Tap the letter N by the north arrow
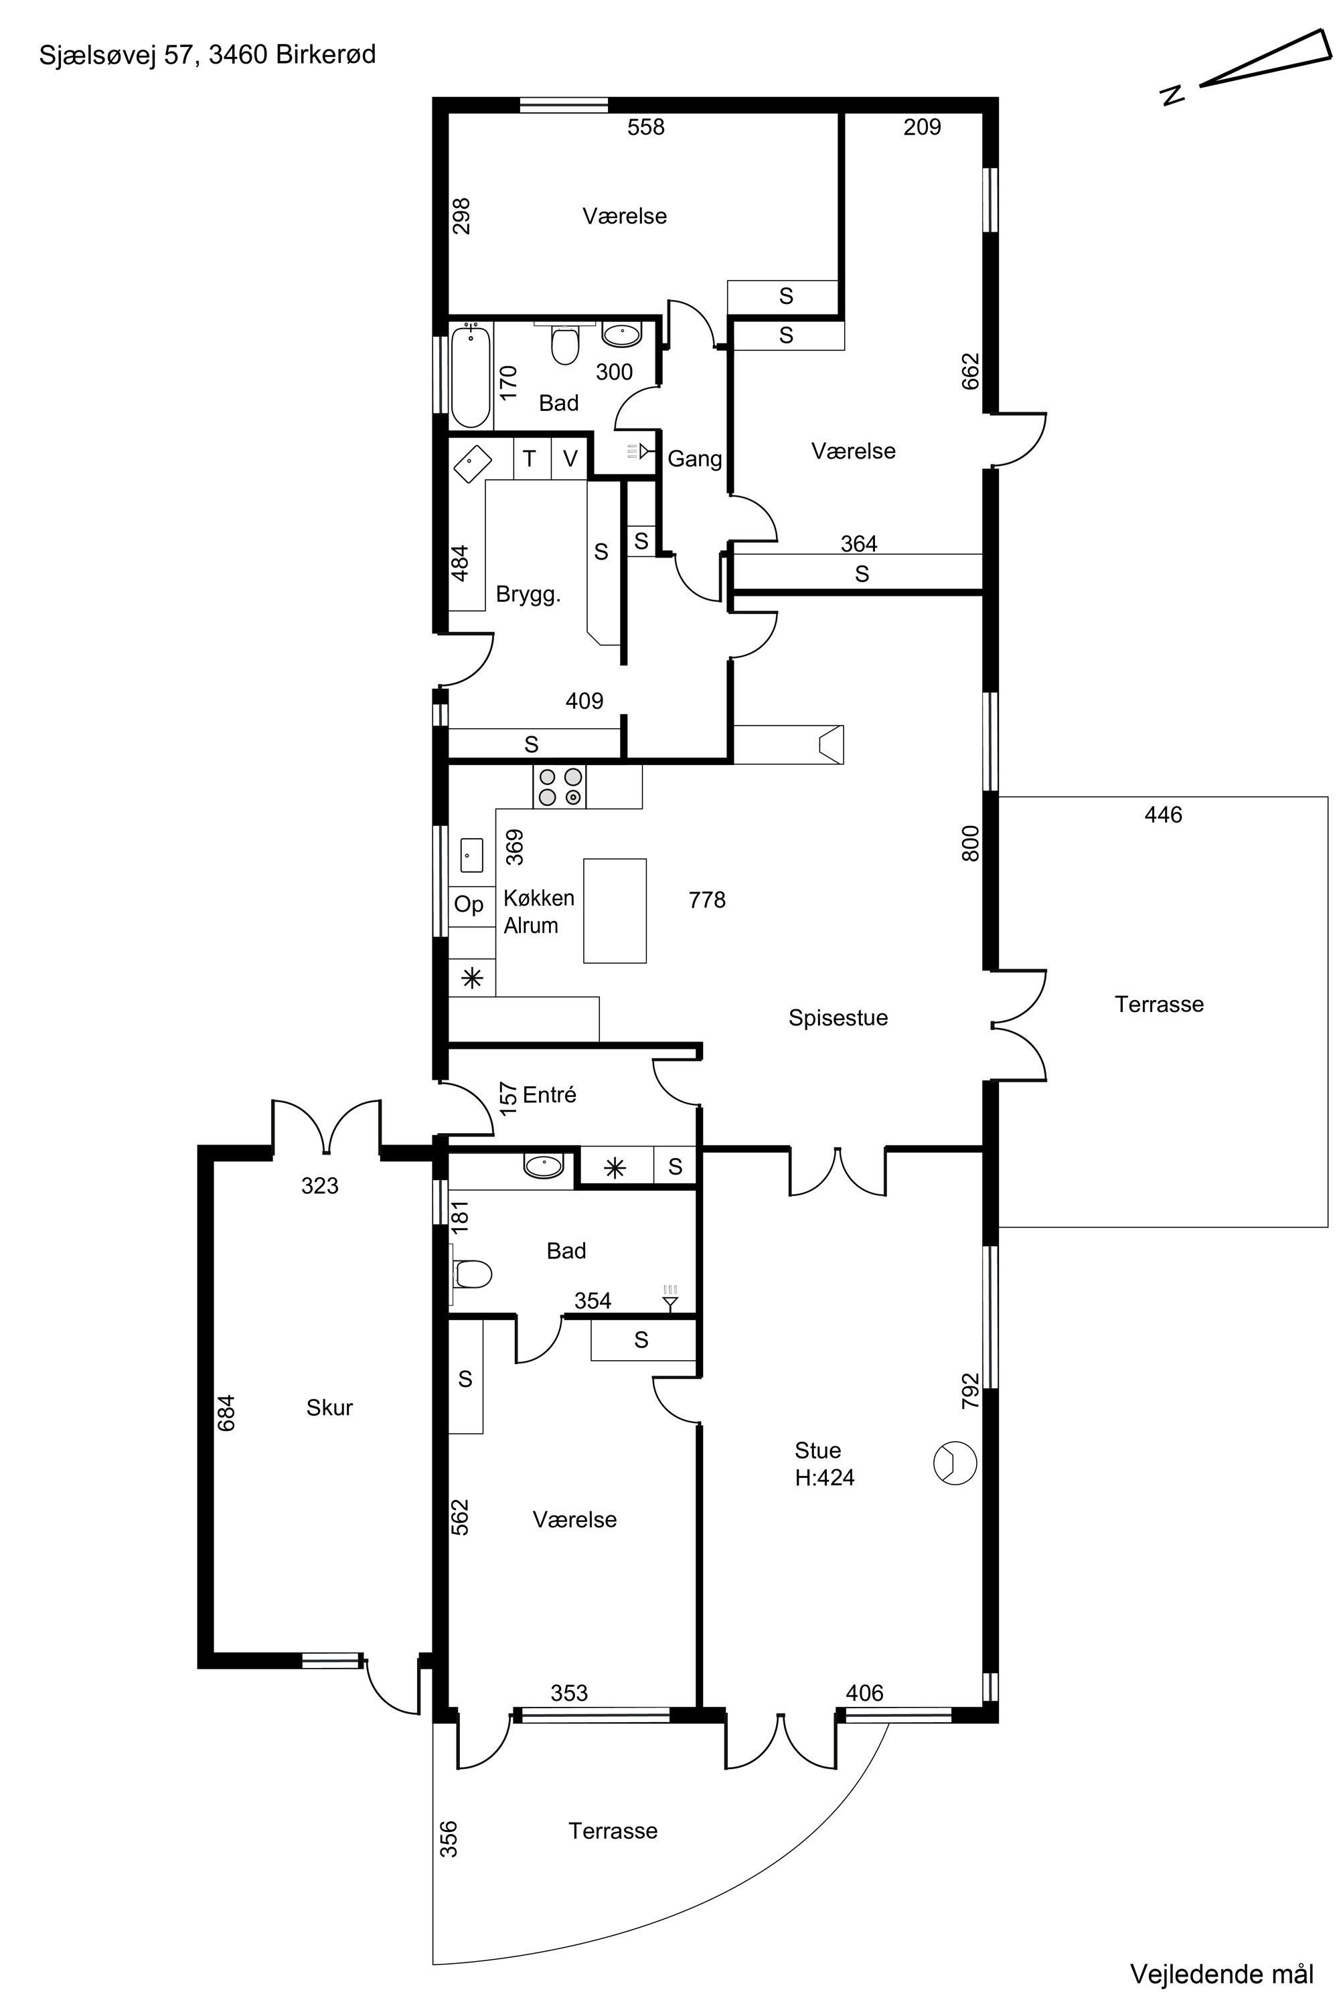click(1174, 95)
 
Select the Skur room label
click(329, 1407)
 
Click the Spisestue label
click(838, 1017)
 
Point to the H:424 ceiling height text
click(824, 1477)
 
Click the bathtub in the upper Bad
click(471, 375)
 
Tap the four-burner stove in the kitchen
click(559, 786)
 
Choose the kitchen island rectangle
click(615, 910)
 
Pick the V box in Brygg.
click(570, 458)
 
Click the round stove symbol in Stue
click(955, 1463)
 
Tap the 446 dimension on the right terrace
click(1163, 815)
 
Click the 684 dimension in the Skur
click(226, 1413)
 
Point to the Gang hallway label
click(694, 459)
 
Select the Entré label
click(550, 1094)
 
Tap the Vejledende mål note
click(1222, 1974)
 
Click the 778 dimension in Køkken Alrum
click(707, 900)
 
